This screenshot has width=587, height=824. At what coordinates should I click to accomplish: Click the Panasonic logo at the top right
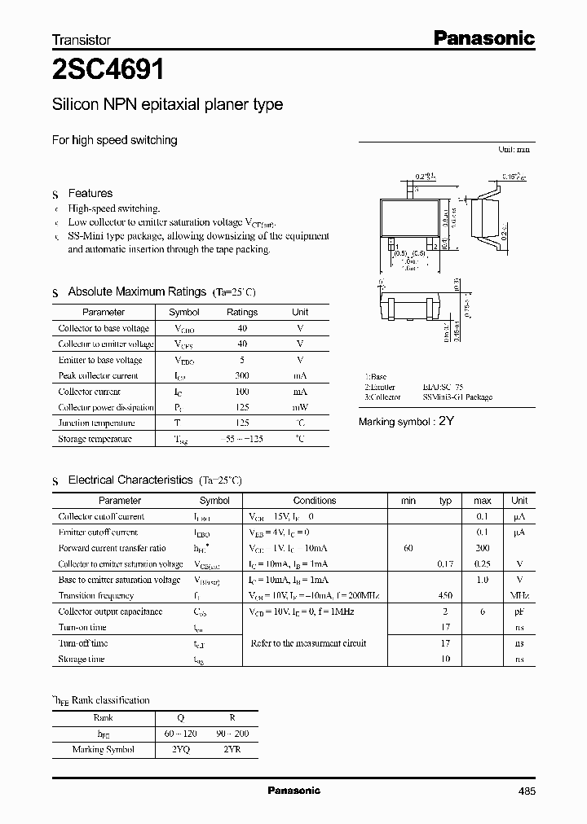pos(483,37)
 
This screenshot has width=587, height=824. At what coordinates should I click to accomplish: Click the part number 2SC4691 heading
pos(108,70)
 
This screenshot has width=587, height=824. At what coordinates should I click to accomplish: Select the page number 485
pos(526,791)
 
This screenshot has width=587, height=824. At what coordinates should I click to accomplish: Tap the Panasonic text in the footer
pos(293,791)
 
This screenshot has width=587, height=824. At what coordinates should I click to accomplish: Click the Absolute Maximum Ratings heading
pos(137,291)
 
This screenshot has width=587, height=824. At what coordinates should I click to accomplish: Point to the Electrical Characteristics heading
pos(130,480)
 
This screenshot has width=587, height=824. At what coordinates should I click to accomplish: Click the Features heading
pos(90,193)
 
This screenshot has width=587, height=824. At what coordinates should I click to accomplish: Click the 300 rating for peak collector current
pos(241,375)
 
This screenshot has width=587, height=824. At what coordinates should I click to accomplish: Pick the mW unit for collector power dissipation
pos(300,407)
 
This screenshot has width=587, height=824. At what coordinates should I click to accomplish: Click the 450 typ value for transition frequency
pos(445,595)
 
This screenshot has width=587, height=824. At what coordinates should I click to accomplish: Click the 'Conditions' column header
pos(315,501)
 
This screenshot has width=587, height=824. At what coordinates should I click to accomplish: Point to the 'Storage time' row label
pos(82,659)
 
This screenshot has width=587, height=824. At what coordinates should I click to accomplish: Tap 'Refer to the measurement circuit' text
pos(308,643)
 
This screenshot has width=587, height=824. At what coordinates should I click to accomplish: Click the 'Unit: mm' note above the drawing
pos(514,150)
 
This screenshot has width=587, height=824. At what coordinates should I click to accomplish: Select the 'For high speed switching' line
pos(115,140)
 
